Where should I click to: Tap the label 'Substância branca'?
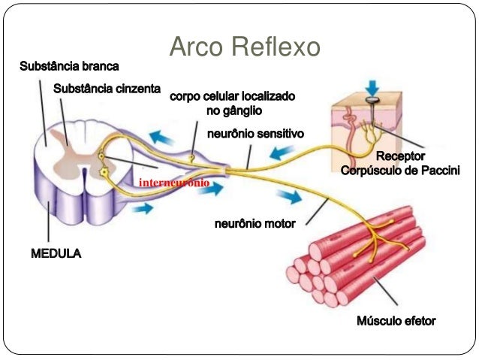click(69, 68)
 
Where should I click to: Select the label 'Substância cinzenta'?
click(107, 89)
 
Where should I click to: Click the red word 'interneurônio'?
click(174, 183)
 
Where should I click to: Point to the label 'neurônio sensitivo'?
click(255, 135)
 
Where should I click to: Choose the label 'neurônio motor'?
click(256, 223)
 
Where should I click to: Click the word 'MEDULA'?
click(56, 254)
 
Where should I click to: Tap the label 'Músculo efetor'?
click(396, 321)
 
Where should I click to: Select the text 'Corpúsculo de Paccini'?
click(400, 171)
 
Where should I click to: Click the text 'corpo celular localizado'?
click(233, 98)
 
